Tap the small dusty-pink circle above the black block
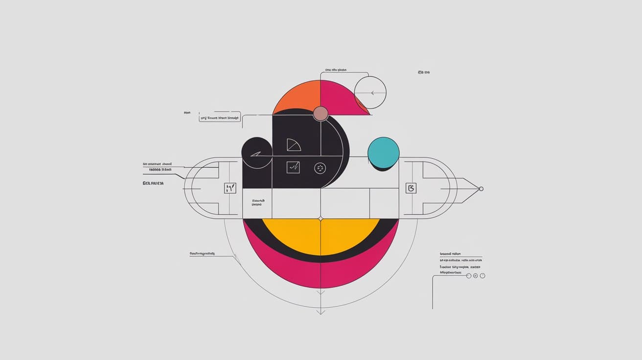(321, 113)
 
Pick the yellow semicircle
(321, 235)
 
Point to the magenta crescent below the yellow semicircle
(321, 276)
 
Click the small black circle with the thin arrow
(256, 153)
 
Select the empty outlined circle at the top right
(370, 92)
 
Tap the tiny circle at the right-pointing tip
(481, 189)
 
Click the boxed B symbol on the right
(411, 188)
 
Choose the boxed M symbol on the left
(230, 188)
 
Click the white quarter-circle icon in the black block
(293, 145)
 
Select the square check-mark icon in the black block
(293, 168)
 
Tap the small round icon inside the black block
(320, 168)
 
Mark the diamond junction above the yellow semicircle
(321, 219)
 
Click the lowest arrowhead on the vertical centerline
(321, 311)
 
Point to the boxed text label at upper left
(220, 118)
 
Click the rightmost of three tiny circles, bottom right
(482, 276)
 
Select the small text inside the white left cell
(258, 202)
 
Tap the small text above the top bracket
(335, 70)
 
